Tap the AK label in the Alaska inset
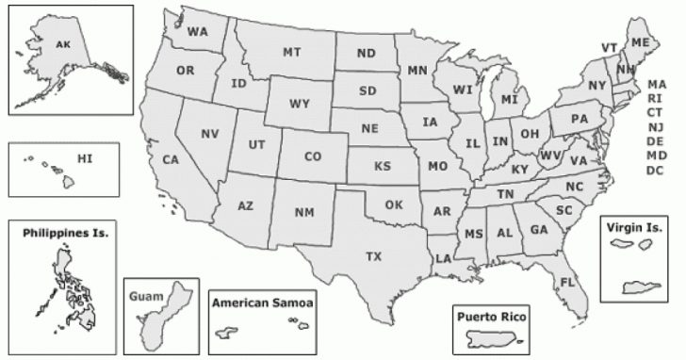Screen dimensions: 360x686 coord(63,44)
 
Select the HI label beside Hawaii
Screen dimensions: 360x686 coord(86,158)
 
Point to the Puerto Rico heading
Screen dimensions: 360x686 coord(490,315)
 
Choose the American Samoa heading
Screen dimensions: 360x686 coord(262,303)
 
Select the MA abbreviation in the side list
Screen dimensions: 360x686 coord(656,84)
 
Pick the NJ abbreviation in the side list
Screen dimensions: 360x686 coord(656,126)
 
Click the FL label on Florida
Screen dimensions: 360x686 coord(568,282)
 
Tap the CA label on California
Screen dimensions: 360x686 coord(171,159)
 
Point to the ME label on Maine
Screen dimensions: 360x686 coord(640,43)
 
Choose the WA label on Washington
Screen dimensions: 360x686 coord(197,31)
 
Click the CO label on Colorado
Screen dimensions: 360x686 coord(313,156)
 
